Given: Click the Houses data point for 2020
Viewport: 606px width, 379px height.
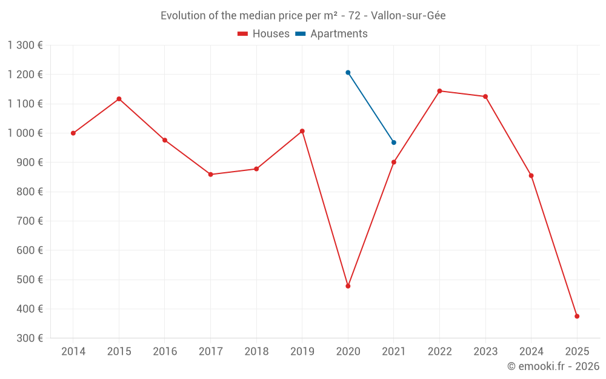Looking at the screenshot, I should click(348, 286).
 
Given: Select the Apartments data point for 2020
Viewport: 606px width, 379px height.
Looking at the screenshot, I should click(348, 73).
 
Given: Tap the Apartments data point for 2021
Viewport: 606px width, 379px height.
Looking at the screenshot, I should click(394, 143).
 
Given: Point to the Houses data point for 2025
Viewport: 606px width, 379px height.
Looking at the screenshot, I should click(577, 316).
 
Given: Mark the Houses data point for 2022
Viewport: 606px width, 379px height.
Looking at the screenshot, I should click(439, 91).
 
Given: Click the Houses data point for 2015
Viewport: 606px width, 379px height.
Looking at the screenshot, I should click(119, 99).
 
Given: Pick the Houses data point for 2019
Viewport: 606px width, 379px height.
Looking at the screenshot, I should click(302, 131).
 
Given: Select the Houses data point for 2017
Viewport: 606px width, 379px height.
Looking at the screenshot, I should click(210, 175).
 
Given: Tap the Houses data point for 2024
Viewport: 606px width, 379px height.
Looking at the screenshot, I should click(531, 176).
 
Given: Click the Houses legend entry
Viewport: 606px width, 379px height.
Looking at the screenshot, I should click(264, 34).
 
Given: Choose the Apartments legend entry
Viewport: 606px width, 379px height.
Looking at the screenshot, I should click(331, 34).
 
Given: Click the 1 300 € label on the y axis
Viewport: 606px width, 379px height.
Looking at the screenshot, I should click(25, 45).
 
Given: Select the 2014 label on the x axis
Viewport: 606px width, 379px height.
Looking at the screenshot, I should click(73, 352).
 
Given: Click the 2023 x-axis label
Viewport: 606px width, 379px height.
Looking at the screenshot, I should click(485, 352).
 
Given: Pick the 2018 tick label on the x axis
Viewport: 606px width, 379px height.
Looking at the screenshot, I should click(256, 352).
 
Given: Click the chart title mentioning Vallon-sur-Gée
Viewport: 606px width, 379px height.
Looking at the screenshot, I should click(303, 16).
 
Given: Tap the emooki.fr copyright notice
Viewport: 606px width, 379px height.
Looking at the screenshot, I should click(553, 366).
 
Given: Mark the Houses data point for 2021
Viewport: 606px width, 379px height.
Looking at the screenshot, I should click(394, 162).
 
